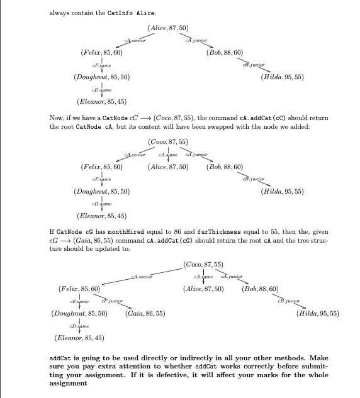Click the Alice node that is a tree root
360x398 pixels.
[x=168, y=28]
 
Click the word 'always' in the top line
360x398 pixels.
[x=60, y=13]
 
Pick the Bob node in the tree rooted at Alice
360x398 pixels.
[x=225, y=53]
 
